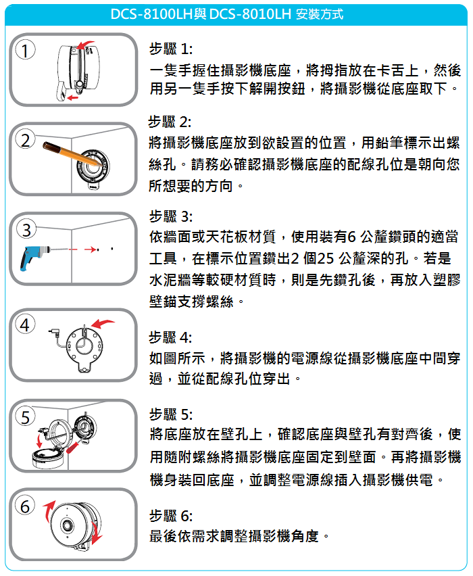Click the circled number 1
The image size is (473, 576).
[25, 51]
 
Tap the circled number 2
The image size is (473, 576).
[25, 140]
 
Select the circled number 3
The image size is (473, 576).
[26, 230]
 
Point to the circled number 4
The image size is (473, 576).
[24, 325]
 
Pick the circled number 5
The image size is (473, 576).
[25, 416]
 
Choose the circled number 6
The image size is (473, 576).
[24, 506]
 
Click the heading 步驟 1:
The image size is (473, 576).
[170, 49]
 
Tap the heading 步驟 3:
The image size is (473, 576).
[170, 216]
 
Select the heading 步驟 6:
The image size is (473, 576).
[170, 516]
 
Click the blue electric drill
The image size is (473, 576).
[34, 256]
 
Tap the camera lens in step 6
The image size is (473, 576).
[67, 524]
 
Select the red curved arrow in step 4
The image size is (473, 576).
[102, 324]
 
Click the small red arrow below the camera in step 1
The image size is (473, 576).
[73, 97]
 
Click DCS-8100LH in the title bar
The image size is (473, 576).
[151, 14]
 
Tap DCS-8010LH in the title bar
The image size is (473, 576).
[250, 14]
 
